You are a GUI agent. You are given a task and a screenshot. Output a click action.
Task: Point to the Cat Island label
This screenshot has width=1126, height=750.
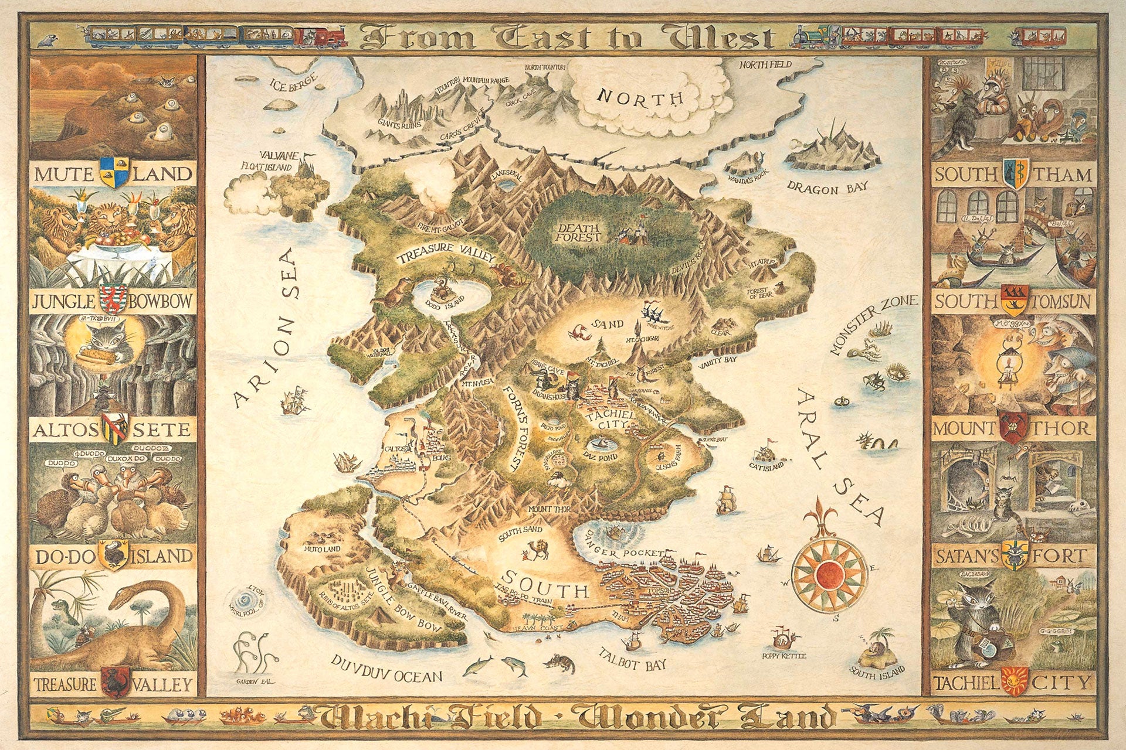coord(766,466)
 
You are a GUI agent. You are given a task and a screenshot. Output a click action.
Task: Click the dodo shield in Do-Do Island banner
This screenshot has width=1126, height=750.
coord(113,554)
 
